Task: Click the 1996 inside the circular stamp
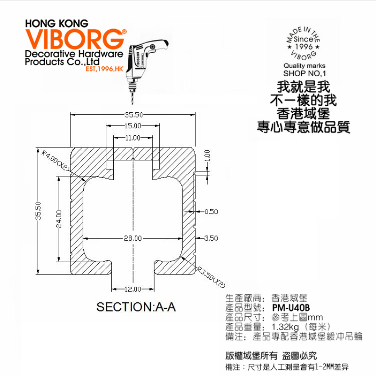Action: [x=304, y=47]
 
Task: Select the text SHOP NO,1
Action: [x=305, y=73]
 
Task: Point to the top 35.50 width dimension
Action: [x=133, y=114]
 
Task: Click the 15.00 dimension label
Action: [x=133, y=126]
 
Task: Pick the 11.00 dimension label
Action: [x=133, y=138]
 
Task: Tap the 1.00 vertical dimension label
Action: [x=207, y=155]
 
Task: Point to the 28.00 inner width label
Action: [x=133, y=238]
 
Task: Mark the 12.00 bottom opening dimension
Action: [x=133, y=288]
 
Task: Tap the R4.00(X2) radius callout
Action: [x=55, y=160]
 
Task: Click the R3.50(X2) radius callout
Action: [x=211, y=278]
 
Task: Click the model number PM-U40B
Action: [x=290, y=308]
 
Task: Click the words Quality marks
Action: [x=304, y=66]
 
